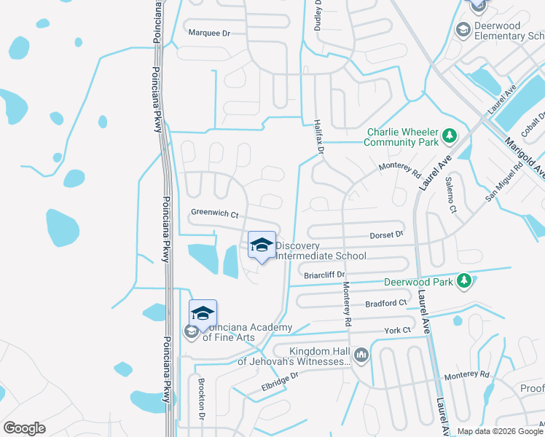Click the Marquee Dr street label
click(x=209, y=33)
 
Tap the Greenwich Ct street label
click(x=215, y=213)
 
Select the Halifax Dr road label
click(x=318, y=137)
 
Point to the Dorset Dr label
click(x=387, y=235)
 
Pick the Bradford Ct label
click(x=386, y=302)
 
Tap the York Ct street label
click(x=398, y=331)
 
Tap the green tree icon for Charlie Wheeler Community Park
click(x=450, y=135)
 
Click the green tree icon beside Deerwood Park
click(x=463, y=281)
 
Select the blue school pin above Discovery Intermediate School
click(x=262, y=246)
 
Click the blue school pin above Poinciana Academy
click(x=203, y=314)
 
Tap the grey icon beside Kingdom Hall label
click(x=362, y=355)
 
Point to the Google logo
click(x=24, y=428)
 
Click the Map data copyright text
click(x=499, y=431)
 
